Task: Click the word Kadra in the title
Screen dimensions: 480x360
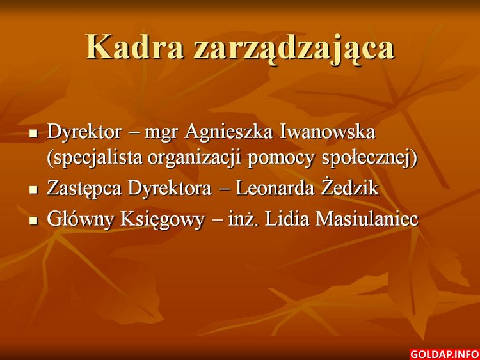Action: pos(135,47)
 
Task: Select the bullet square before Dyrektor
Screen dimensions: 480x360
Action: pos(33,134)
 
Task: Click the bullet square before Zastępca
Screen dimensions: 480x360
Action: pos(33,190)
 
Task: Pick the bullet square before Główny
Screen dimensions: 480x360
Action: pos(33,221)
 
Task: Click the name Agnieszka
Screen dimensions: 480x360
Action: pos(228,134)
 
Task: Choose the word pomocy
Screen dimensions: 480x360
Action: pos(281,160)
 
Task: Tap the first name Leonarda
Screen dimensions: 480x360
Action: pos(275,188)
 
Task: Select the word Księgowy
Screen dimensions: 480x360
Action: pos(162,220)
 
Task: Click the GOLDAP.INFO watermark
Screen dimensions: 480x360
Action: pos(444,354)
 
